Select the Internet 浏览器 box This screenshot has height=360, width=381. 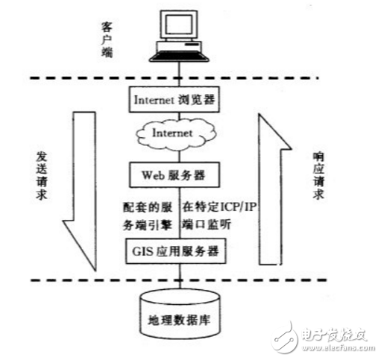point(177,98)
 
